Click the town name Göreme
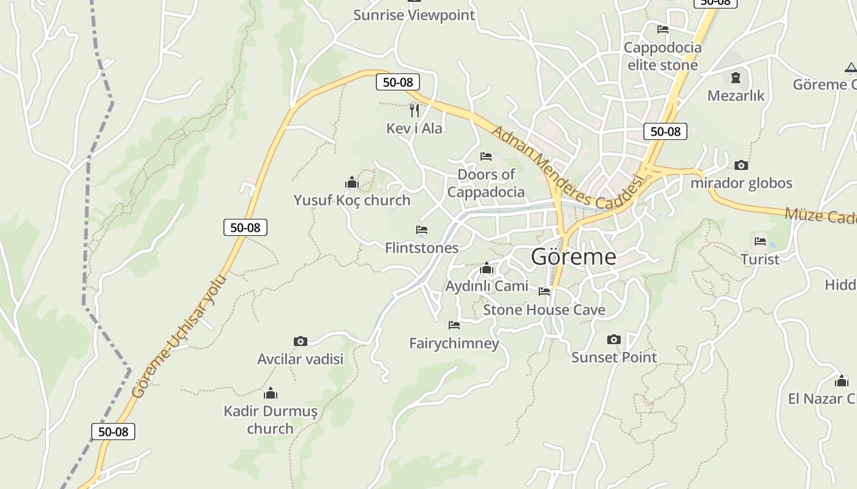point(574,257)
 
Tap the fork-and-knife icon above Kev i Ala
point(414,111)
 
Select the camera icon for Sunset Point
point(614,340)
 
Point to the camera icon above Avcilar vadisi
point(300,342)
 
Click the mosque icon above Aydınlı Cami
point(487,268)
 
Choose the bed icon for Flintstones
point(422,230)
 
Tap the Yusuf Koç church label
point(352,200)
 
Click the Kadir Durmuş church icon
point(270,393)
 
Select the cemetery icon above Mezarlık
point(736,78)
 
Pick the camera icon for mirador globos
point(741,166)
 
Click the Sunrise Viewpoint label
point(414,15)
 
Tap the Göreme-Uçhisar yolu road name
point(179,337)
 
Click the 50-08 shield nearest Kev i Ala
point(398,82)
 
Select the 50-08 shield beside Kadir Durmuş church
point(113,432)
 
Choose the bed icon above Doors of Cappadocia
point(486,156)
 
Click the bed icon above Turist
point(760,241)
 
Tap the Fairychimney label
point(454,344)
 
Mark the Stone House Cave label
point(544,310)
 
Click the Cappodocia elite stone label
point(662,56)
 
